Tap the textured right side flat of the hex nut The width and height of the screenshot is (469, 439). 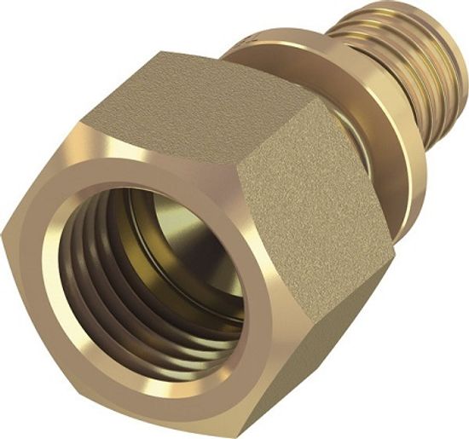[x=307, y=196]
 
